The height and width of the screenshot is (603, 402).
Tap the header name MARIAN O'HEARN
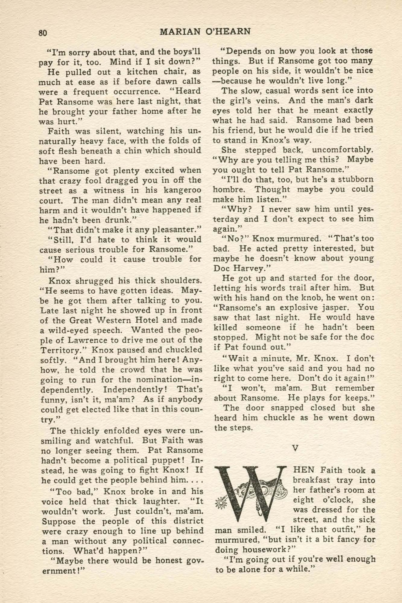tap(205, 32)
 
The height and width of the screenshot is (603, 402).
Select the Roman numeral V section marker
tap(295, 448)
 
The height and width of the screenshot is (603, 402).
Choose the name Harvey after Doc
tap(252, 268)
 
